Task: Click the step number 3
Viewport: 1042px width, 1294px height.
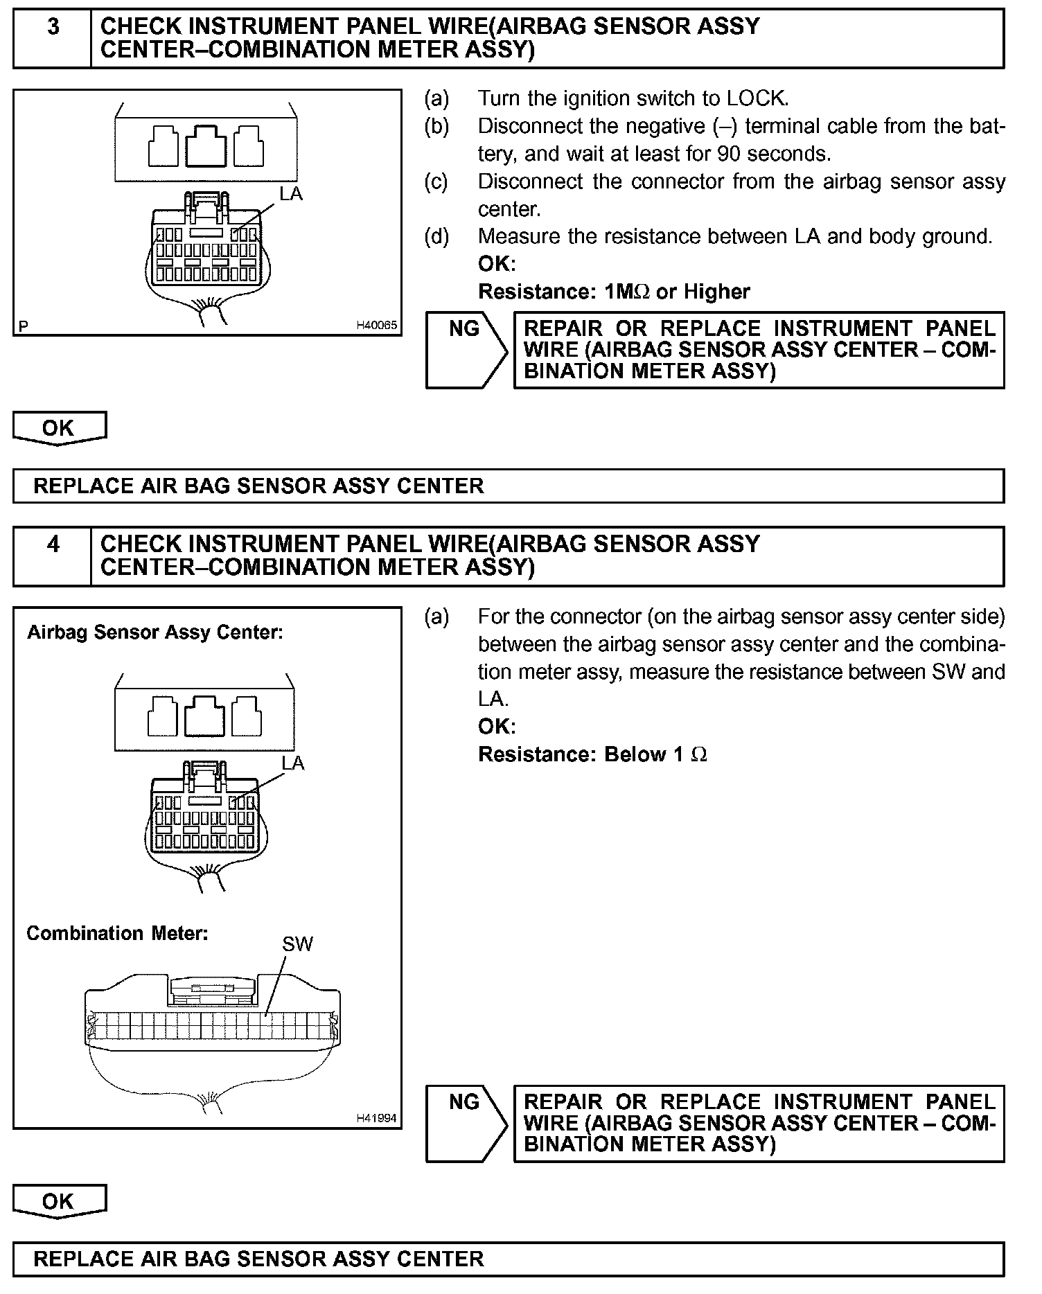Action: (x=53, y=28)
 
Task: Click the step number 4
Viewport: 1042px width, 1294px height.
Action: (x=53, y=545)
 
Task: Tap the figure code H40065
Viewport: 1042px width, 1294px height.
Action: (x=377, y=325)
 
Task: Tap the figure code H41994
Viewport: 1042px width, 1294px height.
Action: (x=377, y=1118)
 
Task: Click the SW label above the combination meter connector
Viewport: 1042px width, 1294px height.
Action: (x=298, y=944)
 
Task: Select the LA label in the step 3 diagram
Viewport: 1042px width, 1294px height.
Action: (x=291, y=195)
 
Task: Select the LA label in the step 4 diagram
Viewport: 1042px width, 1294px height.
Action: (x=293, y=763)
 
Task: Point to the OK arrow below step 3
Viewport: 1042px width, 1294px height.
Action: (x=59, y=428)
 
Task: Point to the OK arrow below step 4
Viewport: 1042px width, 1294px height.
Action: (x=59, y=1202)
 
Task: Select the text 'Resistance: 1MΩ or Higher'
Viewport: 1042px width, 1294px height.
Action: (x=614, y=292)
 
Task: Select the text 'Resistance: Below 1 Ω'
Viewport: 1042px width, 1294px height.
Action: (x=592, y=754)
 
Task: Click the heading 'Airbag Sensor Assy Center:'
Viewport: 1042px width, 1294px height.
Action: (x=155, y=632)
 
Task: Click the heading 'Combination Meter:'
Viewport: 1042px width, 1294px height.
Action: (x=117, y=934)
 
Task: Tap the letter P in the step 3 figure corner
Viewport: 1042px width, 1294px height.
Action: (x=24, y=326)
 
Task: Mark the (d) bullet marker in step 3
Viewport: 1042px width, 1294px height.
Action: (x=436, y=237)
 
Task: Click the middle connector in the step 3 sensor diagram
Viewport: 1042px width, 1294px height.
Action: (x=206, y=145)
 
